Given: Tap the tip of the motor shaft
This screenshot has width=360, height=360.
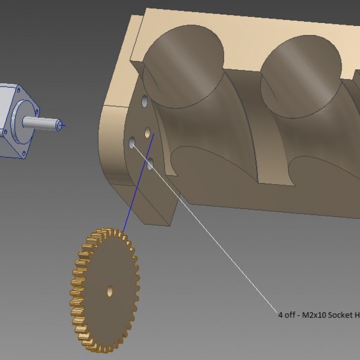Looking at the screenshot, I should (58, 125).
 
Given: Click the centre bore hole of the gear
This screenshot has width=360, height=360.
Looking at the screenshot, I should (109, 290).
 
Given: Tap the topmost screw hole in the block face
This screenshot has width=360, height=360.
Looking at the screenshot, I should (144, 101).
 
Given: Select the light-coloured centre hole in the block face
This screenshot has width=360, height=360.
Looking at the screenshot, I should (147, 132).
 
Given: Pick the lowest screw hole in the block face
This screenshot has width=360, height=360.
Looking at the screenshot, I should (149, 162).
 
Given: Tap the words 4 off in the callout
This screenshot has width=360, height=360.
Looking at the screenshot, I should (287, 315).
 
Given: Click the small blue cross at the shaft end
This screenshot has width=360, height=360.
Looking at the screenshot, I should (61, 125).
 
